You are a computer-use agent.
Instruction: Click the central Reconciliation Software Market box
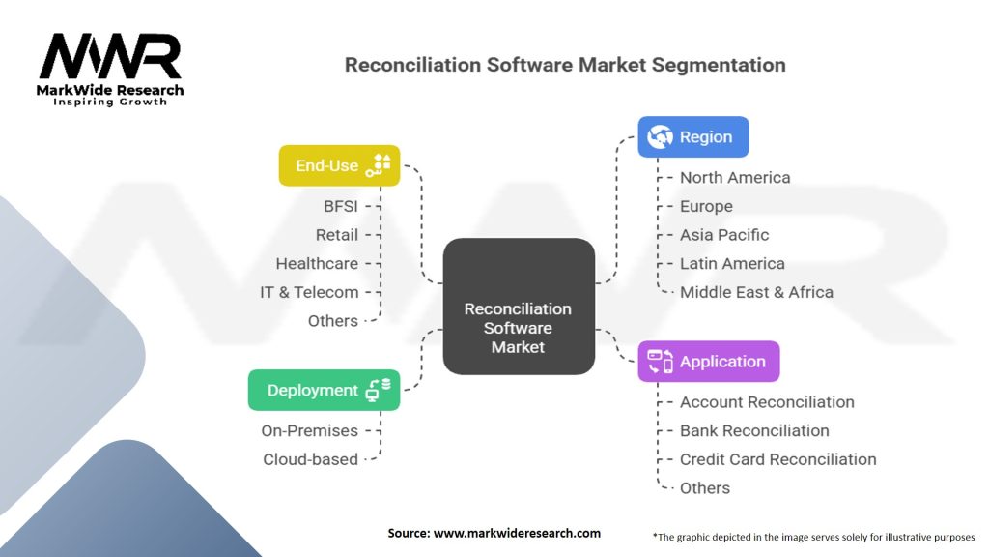pos(519,307)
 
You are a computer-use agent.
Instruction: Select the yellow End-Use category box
pos(339,165)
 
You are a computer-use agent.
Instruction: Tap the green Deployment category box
pos(324,390)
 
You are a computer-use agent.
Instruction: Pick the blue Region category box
pos(692,137)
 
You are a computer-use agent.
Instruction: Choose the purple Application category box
pos(708,362)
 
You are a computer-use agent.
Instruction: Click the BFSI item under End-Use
pos(341,206)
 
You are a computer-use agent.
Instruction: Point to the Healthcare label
pos(317,263)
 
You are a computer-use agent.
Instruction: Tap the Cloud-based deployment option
pos(310,459)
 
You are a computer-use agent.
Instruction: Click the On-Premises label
pos(309,430)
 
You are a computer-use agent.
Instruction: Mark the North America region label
pos(735,177)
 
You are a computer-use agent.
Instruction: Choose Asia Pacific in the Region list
pos(724,235)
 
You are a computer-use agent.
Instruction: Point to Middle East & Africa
pos(756,292)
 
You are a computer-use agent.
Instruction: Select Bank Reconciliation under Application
pos(754,430)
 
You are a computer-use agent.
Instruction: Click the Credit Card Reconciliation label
pos(777,459)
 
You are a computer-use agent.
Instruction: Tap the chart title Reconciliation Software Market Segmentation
pos(565,66)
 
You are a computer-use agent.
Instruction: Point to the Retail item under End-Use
pos(336,235)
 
